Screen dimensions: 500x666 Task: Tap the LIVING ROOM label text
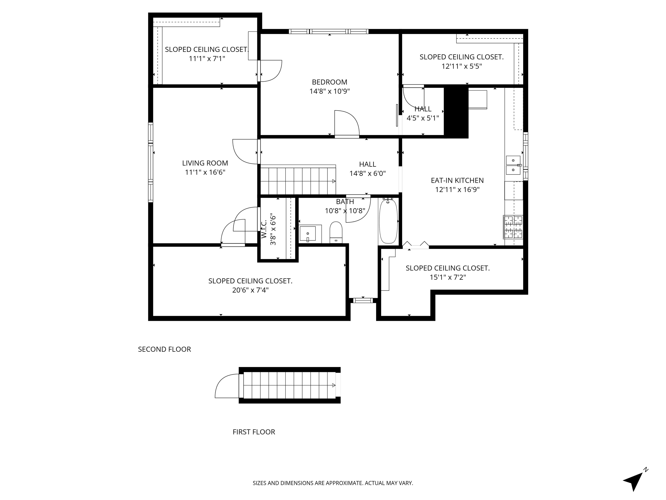point(205,163)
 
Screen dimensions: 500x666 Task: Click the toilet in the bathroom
point(336,232)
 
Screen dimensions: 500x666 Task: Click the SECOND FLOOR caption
point(164,349)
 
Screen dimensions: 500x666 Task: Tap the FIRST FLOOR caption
point(254,432)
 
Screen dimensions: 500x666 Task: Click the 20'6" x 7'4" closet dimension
point(250,290)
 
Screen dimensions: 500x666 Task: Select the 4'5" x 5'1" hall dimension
point(423,118)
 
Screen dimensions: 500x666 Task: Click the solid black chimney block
point(456,112)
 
